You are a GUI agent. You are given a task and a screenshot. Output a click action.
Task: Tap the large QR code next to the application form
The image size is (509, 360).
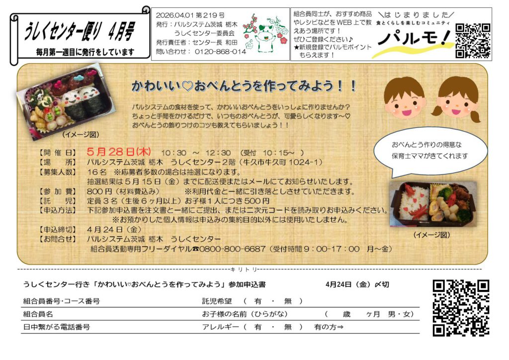click(x=461, y=308)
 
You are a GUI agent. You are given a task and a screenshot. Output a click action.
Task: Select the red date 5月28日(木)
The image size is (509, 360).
click(x=119, y=152)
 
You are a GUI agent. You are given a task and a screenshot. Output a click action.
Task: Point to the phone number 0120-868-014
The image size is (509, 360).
click(x=220, y=52)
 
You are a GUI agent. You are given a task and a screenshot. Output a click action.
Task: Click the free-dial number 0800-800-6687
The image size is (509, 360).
click(x=233, y=249)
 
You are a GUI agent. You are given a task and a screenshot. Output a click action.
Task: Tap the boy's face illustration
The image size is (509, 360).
click(x=405, y=98)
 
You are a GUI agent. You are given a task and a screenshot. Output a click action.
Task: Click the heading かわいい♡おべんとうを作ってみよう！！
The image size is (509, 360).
click(x=244, y=86)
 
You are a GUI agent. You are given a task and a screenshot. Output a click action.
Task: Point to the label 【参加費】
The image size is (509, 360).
click(x=58, y=191)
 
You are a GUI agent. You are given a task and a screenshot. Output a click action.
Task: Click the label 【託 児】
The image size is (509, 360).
click(x=58, y=201)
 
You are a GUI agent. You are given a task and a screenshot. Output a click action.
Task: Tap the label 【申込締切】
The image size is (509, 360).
click(x=58, y=230)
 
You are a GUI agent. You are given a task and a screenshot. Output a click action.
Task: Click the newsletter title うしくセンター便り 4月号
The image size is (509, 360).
click(x=79, y=32)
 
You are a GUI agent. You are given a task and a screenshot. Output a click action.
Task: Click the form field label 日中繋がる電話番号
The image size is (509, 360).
click(x=57, y=327)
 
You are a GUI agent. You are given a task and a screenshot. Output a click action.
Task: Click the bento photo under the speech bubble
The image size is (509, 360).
click(x=433, y=204)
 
